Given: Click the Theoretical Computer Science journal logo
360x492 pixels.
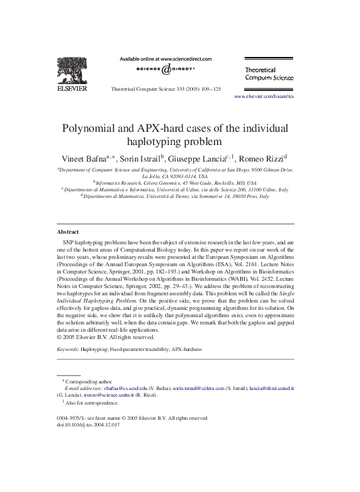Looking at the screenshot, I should pyautogui.click(x=269, y=74).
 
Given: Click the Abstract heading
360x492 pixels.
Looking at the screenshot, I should pyautogui.click(x=67, y=232).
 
